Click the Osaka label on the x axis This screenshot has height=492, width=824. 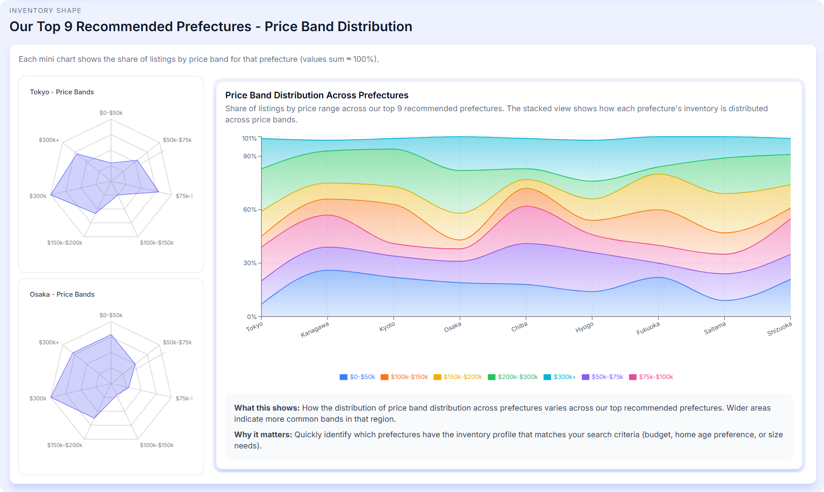click(453, 327)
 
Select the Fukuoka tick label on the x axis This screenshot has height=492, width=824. click(648, 329)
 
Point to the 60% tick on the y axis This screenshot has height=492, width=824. click(250, 210)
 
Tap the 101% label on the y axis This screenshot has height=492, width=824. click(249, 138)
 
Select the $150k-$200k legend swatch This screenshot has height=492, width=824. click(438, 377)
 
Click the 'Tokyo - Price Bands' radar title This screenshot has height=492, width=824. click(62, 92)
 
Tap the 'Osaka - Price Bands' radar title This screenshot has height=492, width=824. click(62, 294)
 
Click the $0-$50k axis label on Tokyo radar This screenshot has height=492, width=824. click(111, 113)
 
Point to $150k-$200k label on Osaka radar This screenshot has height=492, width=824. click(65, 445)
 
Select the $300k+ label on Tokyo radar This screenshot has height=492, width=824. click(49, 140)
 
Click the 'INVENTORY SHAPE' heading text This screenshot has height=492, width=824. click(45, 11)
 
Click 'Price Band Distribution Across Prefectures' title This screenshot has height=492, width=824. click(317, 95)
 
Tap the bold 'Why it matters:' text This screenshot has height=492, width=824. click(263, 435)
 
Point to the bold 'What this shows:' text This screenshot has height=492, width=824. click(267, 408)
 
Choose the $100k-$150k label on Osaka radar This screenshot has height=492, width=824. click(157, 445)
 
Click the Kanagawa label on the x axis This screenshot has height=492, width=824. click(315, 330)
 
